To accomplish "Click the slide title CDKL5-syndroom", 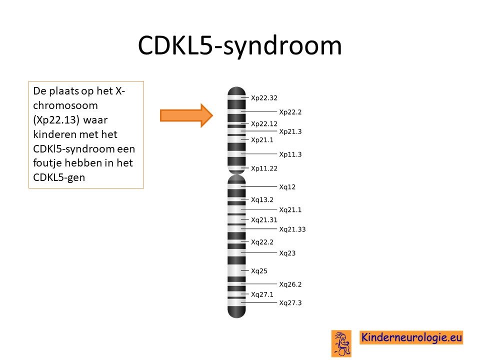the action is pyautogui.click(x=239, y=46).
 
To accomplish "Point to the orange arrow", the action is pyautogui.click(x=186, y=115).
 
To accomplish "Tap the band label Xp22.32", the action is pyautogui.click(x=264, y=98).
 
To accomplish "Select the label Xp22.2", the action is pyautogui.click(x=290, y=112).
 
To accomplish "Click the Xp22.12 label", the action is pyautogui.click(x=264, y=123).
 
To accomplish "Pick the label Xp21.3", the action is pyautogui.click(x=290, y=131).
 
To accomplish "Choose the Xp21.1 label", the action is pyautogui.click(x=262, y=140).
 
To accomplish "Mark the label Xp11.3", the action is pyautogui.click(x=290, y=154).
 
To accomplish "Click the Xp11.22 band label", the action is pyautogui.click(x=264, y=168).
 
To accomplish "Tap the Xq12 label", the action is pyautogui.click(x=287, y=186).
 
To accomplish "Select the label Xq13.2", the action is pyautogui.click(x=262, y=199).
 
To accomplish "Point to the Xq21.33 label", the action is pyautogui.click(x=292, y=229).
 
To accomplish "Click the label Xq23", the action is pyautogui.click(x=287, y=253).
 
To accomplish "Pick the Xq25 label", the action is pyautogui.click(x=259, y=271).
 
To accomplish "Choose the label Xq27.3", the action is pyautogui.click(x=290, y=303).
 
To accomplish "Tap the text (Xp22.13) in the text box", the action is pyautogui.click(x=56, y=119).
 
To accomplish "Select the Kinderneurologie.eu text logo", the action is pyautogui.click(x=411, y=337).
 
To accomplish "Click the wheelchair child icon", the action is pyautogui.click(x=341, y=343).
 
